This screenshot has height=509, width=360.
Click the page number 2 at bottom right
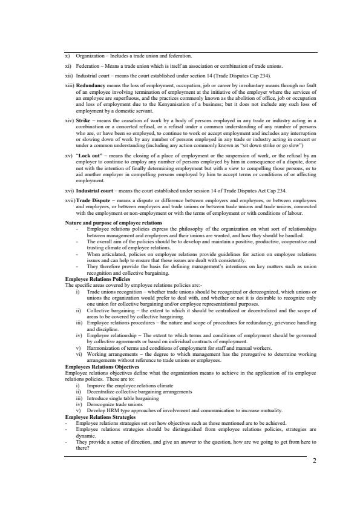pos(315,460)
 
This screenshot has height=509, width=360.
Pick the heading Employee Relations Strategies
pos(100,416)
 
